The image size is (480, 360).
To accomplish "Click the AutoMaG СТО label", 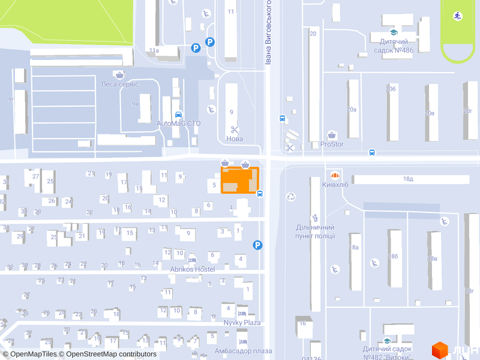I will point(179,124).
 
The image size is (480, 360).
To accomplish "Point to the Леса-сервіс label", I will point(120,84).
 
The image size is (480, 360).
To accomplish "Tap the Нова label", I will point(234,139).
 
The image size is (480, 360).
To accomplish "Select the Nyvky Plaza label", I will point(242,323).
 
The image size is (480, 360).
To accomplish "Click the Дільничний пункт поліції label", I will point(315,232).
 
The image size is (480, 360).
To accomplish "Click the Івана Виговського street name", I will point(268,33).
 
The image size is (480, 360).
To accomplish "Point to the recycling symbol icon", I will point(291,196).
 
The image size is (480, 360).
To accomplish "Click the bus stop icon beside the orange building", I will point(260,193).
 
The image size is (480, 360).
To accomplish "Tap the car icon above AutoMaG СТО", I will point(178,114).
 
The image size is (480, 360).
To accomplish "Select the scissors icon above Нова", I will point(234,129).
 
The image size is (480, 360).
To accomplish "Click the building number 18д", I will point(408,179).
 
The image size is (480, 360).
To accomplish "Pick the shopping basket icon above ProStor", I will point(332,135).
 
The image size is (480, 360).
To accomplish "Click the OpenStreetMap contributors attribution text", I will point(111,354).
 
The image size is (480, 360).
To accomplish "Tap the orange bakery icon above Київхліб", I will point(335,175).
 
